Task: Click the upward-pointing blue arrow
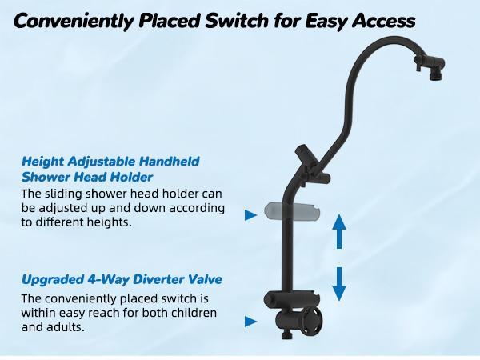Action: coord(339,233)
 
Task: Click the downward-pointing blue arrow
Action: coord(339,282)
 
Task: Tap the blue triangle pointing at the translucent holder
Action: coord(250,214)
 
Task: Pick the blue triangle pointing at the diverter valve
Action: coord(250,322)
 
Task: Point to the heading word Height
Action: coord(42,162)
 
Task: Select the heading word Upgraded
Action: coord(50,280)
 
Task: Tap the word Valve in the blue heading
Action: coord(202,280)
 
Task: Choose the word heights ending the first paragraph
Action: coord(111,223)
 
